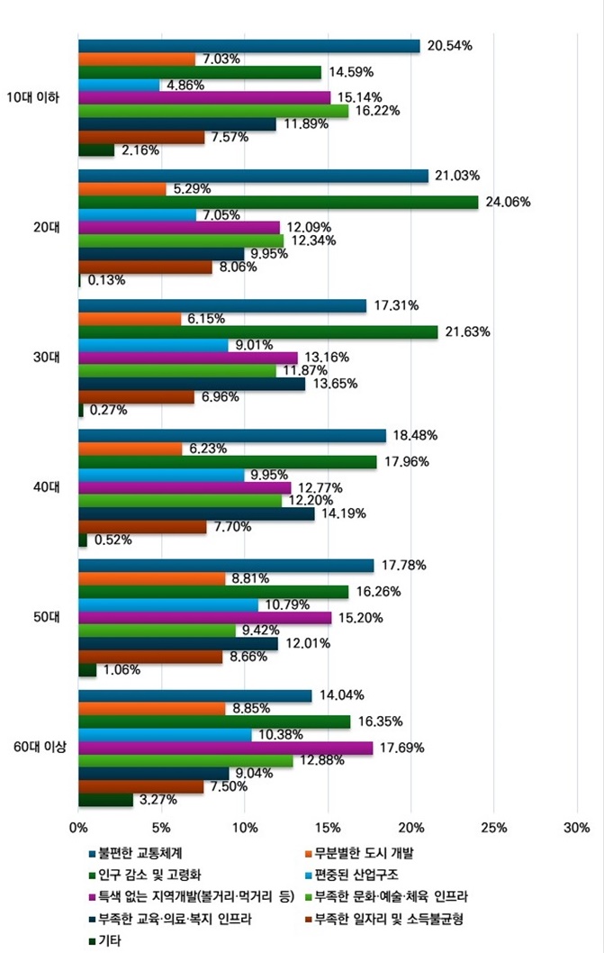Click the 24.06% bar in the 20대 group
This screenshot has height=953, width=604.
pyautogui.click(x=278, y=202)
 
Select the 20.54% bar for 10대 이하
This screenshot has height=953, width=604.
pyautogui.click(x=249, y=46)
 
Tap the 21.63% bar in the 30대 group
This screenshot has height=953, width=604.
pyautogui.click(x=258, y=332)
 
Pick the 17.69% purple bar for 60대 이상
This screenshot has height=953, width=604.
pyautogui.click(x=225, y=748)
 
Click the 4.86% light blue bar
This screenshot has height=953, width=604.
pyautogui.click(x=119, y=85)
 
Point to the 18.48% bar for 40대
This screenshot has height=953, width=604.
pyautogui.click(x=232, y=436)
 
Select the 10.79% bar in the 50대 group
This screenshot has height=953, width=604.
pyautogui.click(x=168, y=604)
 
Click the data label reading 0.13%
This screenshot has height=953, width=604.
pyautogui.click(x=106, y=280)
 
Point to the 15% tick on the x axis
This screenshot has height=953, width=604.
pyautogui.click(x=328, y=827)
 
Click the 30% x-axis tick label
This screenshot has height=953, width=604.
pyautogui.click(x=576, y=827)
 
